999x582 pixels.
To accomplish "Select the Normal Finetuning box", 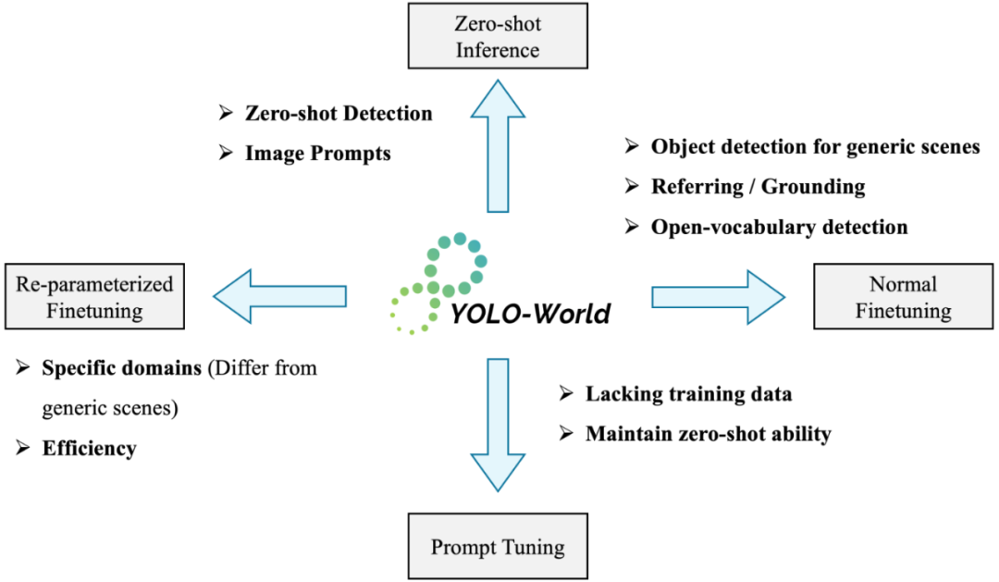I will click(903, 297).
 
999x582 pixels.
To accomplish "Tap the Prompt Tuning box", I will click(498, 547).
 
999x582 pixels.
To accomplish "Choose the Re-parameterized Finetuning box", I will click(94, 297).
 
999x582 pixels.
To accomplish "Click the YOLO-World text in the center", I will click(531, 314).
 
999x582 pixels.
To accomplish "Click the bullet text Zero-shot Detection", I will click(339, 114).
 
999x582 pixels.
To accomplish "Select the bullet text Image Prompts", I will click(317, 153).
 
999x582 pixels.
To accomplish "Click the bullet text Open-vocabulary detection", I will click(779, 227).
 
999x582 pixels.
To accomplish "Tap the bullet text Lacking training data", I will click(688, 394).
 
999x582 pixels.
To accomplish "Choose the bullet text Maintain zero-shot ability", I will click(708, 432).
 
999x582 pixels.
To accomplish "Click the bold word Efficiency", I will click(89, 449).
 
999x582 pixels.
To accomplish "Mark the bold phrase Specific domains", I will click(121, 368).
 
